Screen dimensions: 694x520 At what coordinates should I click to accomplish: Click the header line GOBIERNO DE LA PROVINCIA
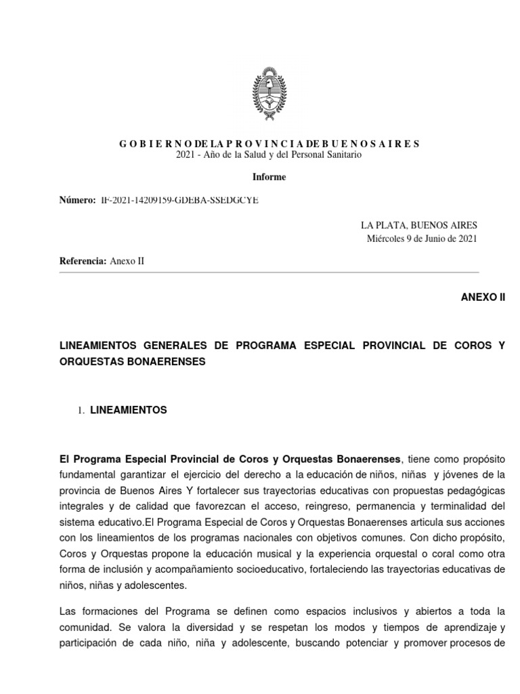tap(269, 144)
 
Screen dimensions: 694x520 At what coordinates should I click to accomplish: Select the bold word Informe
tap(269, 177)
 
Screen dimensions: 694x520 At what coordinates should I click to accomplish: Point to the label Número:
tap(77, 201)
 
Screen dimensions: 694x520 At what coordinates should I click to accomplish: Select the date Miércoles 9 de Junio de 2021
tap(422, 238)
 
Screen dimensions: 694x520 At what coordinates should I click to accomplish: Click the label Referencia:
tap(83, 261)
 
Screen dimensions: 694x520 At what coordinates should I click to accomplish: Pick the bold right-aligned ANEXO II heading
tap(482, 297)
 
